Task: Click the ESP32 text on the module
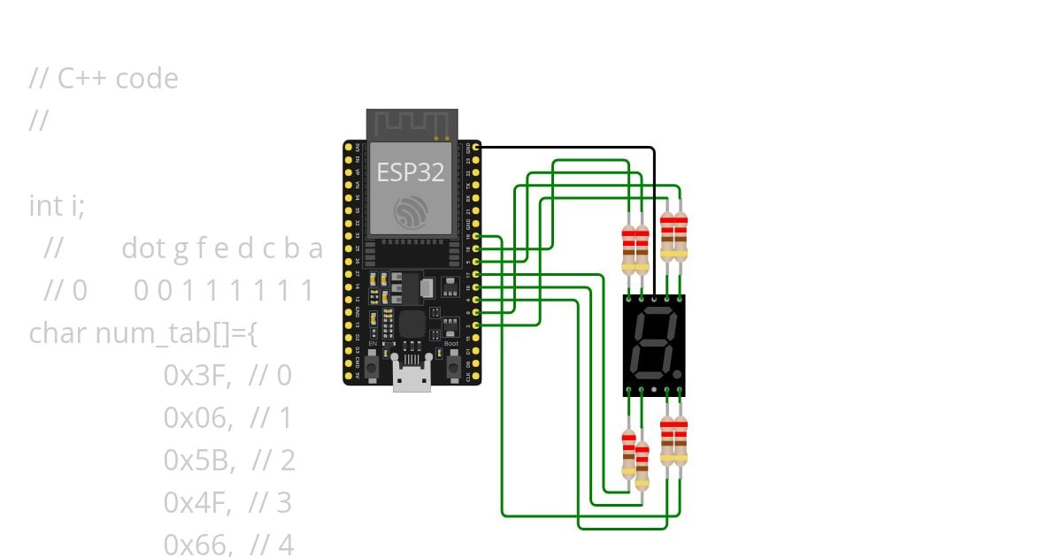411,172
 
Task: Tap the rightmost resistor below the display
681,439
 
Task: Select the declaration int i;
58,206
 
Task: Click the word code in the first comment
147,79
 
